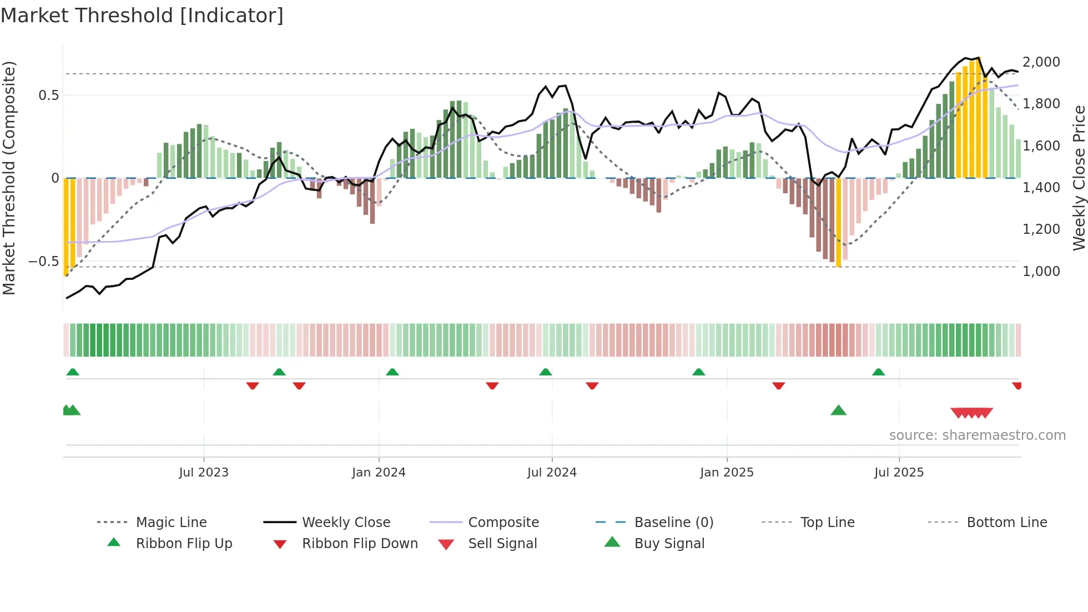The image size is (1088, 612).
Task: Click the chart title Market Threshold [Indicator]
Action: click(x=142, y=16)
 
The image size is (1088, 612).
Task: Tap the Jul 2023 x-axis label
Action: click(x=203, y=472)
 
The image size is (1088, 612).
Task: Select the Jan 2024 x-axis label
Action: click(x=379, y=472)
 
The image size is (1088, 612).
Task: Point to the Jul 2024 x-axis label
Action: click(x=552, y=472)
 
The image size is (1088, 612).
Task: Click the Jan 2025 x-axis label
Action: click(x=727, y=472)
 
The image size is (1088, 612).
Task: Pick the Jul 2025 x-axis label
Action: click(x=899, y=472)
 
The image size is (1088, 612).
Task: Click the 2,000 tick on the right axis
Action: click(x=1041, y=62)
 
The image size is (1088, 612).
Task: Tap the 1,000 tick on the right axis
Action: click(x=1041, y=271)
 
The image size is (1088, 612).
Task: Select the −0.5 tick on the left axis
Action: click(x=43, y=261)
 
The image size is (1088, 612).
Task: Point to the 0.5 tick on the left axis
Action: click(x=48, y=95)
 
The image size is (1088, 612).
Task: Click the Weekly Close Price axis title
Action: click(x=1079, y=178)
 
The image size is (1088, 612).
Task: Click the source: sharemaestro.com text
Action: click(x=977, y=435)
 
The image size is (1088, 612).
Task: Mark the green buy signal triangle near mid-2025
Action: click(x=838, y=410)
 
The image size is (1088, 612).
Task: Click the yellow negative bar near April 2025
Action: click(x=838, y=222)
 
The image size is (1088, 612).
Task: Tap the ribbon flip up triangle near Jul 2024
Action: click(x=545, y=372)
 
